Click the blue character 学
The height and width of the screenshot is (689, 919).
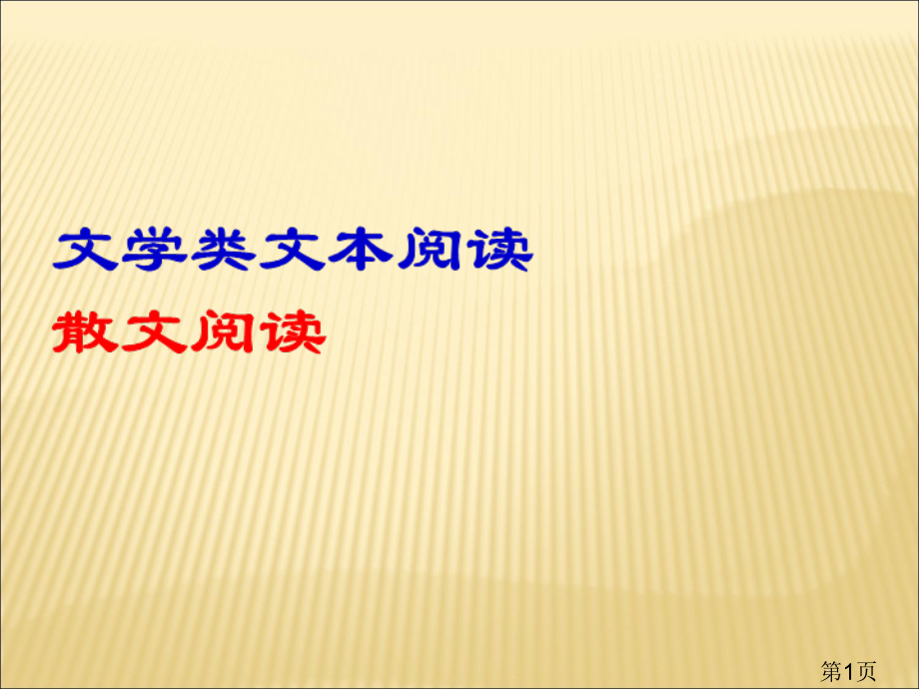tap(155, 251)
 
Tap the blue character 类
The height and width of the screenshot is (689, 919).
tap(224, 251)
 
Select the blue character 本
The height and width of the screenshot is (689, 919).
tap(362, 251)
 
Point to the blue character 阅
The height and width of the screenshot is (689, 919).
tap(431, 251)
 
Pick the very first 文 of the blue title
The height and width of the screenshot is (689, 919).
tap(86, 251)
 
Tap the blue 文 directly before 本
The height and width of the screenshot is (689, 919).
tap(293, 251)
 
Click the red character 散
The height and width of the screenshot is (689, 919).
tap(86, 333)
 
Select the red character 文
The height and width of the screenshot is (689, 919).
tap(155, 333)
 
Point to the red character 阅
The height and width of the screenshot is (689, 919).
tap(224, 333)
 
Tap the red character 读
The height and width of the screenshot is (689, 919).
tap(292, 333)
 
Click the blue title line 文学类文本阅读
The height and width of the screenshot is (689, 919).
tap(293, 251)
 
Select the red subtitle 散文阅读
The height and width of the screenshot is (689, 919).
tap(189, 333)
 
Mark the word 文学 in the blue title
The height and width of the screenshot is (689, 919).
tap(120, 251)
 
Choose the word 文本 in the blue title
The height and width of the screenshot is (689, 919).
tap(327, 251)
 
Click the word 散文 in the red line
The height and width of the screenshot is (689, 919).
tap(120, 333)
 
